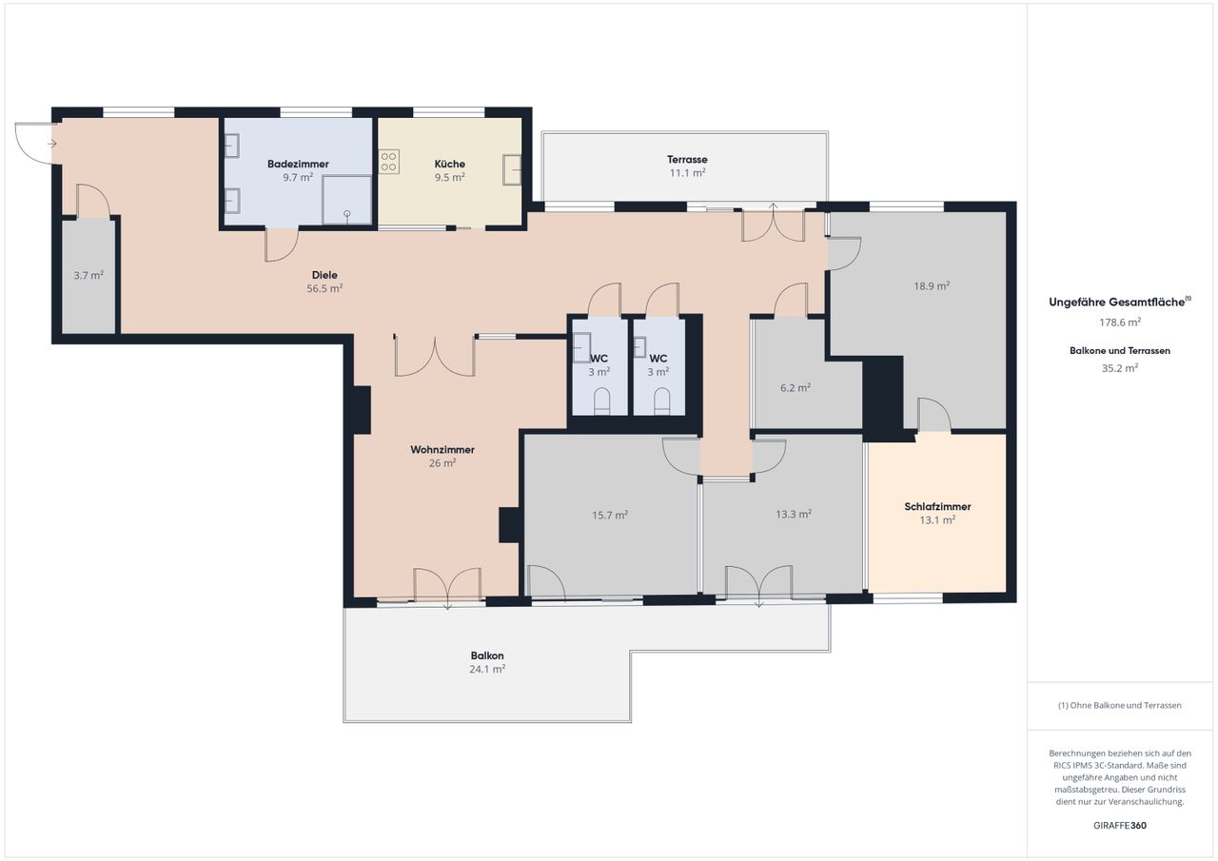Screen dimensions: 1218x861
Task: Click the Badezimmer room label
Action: [x=298, y=164]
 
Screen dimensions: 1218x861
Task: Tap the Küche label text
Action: [x=450, y=164]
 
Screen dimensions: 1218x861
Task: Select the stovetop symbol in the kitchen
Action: [x=389, y=162]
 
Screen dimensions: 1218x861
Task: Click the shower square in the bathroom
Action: [x=347, y=200]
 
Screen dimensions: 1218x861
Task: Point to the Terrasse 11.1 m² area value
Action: [x=687, y=173]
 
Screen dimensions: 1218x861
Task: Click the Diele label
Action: [x=324, y=275]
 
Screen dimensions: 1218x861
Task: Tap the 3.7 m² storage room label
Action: [x=88, y=275]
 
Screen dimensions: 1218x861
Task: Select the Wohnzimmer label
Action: [x=442, y=449]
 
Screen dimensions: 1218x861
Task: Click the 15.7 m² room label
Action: [x=610, y=515]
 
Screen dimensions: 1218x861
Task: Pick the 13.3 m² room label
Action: [x=794, y=514]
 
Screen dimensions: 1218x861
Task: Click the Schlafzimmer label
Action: [x=937, y=506]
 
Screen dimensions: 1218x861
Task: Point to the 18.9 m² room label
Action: [x=932, y=285]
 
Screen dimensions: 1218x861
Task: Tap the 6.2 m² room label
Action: [x=796, y=387]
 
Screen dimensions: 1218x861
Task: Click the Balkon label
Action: [x=487, y=656]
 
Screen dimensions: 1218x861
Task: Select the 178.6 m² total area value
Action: [x=1120, y=323]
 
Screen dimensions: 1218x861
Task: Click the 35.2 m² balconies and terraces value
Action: [x=1120, y=368]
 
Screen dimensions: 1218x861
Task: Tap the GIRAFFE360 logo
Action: [x=1120, y=825]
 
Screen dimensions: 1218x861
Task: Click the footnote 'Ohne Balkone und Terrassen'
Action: [x=1120, y=705]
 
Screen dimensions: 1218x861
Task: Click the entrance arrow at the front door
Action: [x=52, y=144]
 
